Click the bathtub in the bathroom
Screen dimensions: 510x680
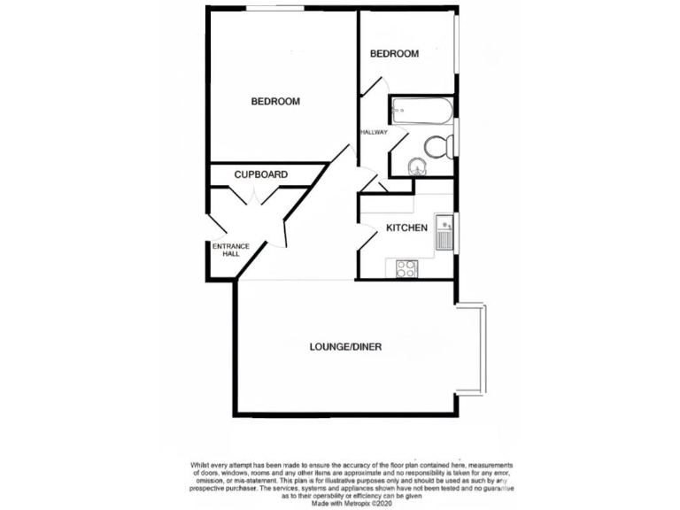[x=423, y=112]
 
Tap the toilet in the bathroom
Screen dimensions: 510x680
[x=436, y=146]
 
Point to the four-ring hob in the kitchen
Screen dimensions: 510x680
[x=407, y=267]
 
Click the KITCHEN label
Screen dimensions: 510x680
[x=406, y=228]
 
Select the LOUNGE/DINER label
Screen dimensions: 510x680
[x=345, y=347]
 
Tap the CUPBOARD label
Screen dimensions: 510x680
[x=260, y=175]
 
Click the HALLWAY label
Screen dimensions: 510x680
[x=374, y=133]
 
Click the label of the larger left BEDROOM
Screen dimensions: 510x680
[x=275, y=102]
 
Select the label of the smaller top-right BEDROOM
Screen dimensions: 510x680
[x=394, y=54]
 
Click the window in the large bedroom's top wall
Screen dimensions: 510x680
[x=275, y=9]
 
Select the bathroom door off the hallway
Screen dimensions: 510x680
[x=395, y=140]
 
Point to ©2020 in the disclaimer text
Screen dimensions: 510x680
[x=382, y=504]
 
